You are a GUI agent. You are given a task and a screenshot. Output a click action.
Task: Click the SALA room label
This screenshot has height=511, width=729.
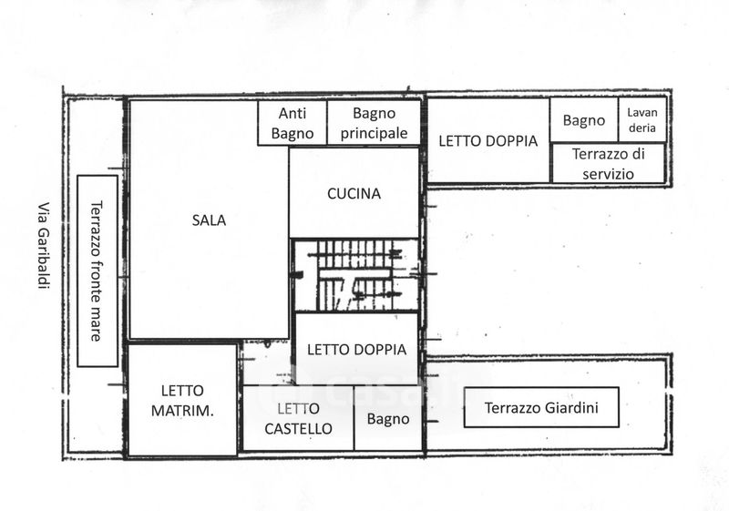(209, 220)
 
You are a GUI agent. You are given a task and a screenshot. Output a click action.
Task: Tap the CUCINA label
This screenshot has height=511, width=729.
(354, 194)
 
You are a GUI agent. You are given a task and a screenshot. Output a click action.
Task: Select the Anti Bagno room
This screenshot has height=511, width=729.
(293, 123)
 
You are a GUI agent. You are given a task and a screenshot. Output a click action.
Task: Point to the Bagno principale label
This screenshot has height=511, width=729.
(374, 123)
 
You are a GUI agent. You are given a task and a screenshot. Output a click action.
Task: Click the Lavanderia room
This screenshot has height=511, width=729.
(642, 120)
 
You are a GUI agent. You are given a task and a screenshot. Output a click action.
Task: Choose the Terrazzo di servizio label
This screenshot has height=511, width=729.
(608, 164)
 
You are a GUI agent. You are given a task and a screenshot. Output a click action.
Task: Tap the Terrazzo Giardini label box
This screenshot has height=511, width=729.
(541, 407)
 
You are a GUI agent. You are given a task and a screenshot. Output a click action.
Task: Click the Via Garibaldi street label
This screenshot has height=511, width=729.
(43, 245)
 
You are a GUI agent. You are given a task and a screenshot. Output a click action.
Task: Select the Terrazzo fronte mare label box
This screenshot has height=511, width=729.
(98, 271)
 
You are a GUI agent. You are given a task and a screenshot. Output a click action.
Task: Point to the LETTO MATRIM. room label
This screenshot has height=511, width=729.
(182, 401)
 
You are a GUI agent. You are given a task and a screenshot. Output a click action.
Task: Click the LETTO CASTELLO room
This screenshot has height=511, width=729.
(298, 418)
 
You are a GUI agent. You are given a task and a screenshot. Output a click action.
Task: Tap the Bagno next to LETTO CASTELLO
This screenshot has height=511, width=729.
(388, 419)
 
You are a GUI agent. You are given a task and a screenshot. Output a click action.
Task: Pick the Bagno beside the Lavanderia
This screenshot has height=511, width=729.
(584, 120)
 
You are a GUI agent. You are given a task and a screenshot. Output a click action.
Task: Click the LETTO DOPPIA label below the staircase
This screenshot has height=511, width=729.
(356, 350)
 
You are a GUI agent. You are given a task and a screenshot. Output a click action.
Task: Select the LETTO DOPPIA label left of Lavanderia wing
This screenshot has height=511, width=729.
(488, 141)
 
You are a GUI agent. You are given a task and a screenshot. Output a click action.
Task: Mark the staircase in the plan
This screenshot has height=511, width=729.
(355, 274)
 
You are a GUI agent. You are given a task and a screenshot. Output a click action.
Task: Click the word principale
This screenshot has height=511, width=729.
(374, 133)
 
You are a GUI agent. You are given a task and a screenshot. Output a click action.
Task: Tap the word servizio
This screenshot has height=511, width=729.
(608, 174)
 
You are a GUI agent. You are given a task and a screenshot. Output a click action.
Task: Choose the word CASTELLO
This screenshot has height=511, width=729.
(298, 428)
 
